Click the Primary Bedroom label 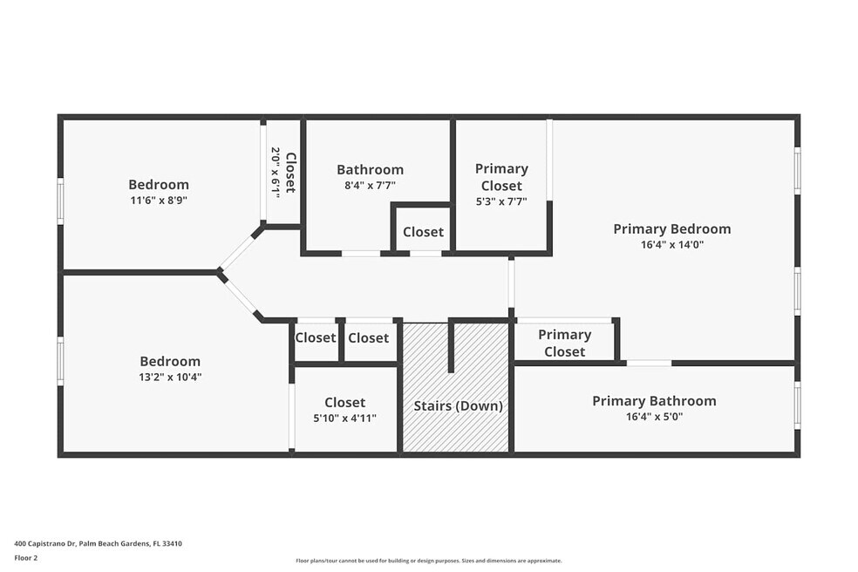[x=672, y=228]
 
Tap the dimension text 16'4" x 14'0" [x=672, y=245]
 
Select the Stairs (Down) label [x=458, y=405]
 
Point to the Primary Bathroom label [x=654, y=401]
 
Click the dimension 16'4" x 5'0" [x=654, y=417]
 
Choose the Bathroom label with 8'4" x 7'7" [x=370, y=170]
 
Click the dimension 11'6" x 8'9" [x=159, y=201]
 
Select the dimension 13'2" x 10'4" [x=170, y=378]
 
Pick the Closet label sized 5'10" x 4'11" [x=344, y=402]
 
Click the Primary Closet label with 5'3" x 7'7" [x=501, y=177]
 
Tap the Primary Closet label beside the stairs [x=565, y=344]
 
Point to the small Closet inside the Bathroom [x=423, y=232]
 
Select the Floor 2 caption [x=25, y=558]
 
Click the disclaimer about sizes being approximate [x=428, y=561]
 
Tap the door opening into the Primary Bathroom [x=649, y=363]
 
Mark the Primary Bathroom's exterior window [x=797, y=405]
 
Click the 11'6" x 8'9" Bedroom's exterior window [x=61, y=201]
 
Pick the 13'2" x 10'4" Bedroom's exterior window [x=61, y=361]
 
